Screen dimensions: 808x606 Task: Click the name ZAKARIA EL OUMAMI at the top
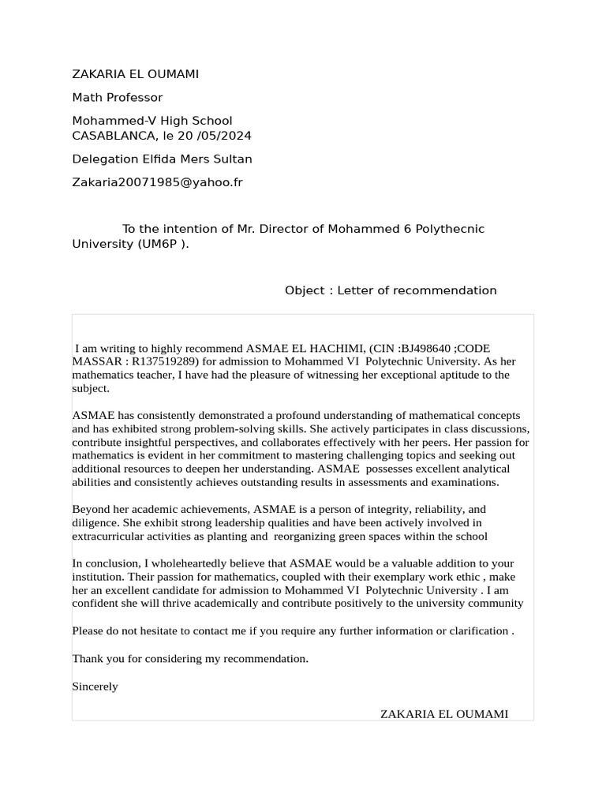(x=135, y=74)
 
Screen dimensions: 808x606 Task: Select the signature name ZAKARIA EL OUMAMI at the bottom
(x=443, y=714)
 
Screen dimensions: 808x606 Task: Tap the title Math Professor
(x=117, y=98)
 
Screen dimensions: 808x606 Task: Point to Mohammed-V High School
(x=151, y=121)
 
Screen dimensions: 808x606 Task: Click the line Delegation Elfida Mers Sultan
(x=162, y=159)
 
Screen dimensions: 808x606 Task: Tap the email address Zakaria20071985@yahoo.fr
(x=157, y=182)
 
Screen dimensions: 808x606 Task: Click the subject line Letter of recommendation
(x=417, y=290)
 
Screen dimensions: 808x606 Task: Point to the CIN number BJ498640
(x=425, y=348)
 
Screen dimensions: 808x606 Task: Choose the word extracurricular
(x=107, y=536)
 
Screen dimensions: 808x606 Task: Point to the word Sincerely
(x=95, y=686)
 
